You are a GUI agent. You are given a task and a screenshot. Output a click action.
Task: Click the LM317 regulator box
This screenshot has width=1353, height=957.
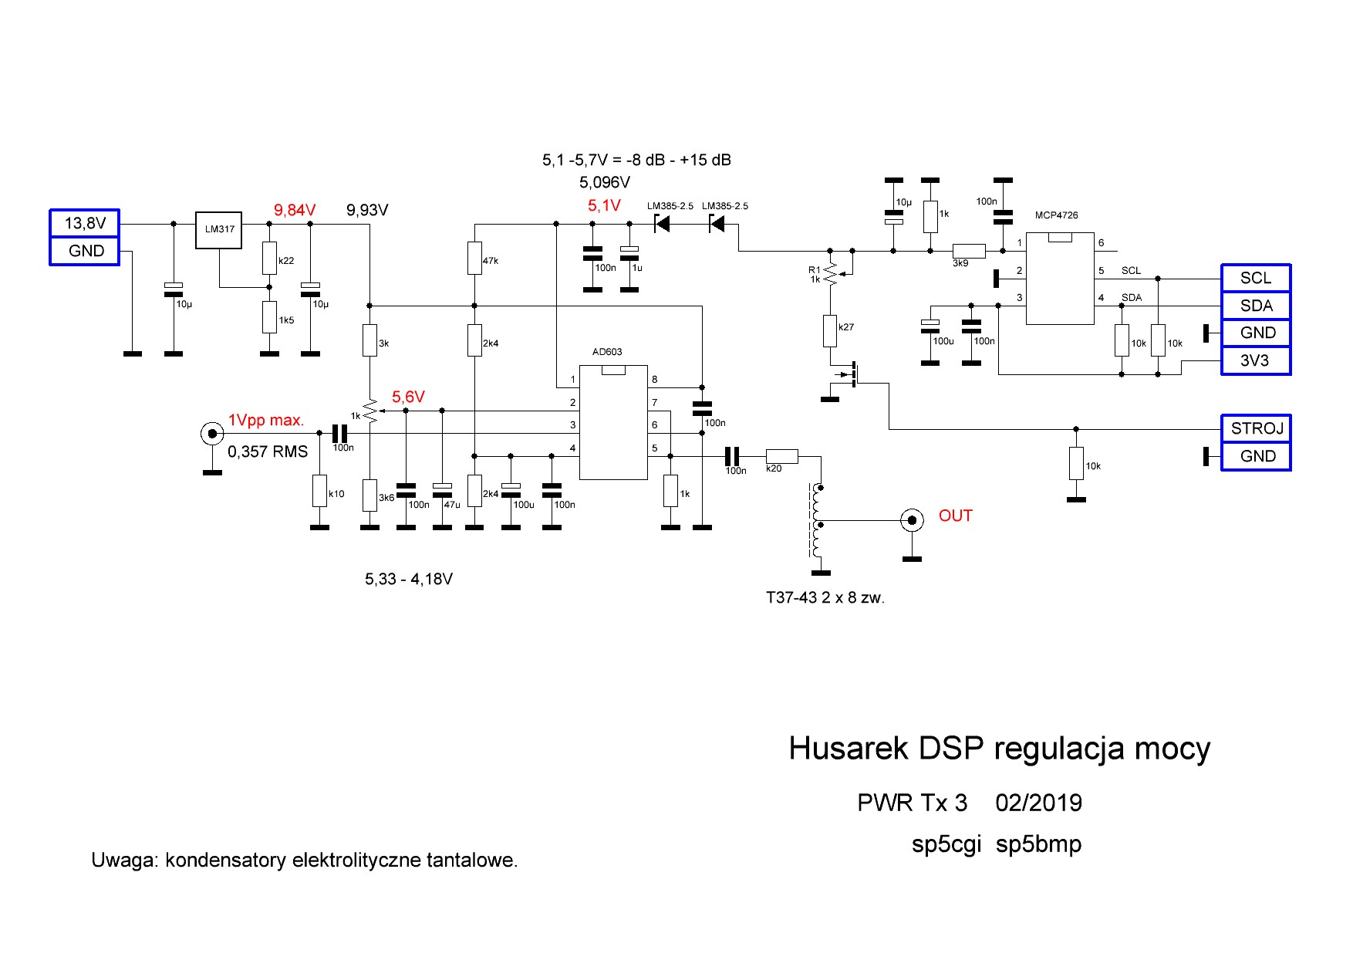pos(219,230)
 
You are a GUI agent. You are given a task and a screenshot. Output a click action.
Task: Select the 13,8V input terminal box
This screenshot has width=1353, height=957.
pos(85,223)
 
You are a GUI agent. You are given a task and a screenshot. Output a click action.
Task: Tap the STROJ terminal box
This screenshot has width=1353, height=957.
pos(1256,428)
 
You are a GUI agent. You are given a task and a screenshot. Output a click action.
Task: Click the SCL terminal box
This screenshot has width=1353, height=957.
pos(1256,278)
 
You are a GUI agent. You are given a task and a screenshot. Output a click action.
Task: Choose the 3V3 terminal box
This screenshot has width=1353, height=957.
pos(1256,360)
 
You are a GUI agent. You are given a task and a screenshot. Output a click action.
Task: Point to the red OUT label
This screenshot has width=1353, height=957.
pos(955,516)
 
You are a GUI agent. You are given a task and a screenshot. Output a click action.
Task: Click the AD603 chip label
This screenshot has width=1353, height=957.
pos(607,352)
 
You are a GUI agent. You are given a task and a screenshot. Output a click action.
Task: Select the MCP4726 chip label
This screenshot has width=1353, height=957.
pos(1056,215)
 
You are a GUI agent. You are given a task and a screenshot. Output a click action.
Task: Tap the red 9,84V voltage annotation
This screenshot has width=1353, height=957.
pos(295,210)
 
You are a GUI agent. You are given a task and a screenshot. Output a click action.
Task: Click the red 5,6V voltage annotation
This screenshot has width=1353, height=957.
pos(408,397)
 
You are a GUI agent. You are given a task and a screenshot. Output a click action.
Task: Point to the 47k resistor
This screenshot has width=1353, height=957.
pos(474,259)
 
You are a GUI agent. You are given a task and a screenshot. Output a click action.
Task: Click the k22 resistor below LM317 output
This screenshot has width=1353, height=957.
pos(269,259)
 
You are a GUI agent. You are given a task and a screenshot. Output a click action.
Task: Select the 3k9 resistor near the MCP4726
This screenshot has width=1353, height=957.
pos(968,250)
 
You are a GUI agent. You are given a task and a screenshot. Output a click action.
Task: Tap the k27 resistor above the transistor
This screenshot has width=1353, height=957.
pos(830,330)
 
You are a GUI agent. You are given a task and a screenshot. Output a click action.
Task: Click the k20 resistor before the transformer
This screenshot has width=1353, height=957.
pos(781,456)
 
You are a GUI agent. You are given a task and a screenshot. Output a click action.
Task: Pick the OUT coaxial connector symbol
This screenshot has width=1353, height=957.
pos(912,520)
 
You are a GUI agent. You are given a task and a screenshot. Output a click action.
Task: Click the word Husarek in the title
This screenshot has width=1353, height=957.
pos(848,749)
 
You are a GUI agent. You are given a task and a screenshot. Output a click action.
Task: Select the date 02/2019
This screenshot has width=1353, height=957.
pos(1038,803)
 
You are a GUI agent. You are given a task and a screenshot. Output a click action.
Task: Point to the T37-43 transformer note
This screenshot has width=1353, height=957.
pos(825,597)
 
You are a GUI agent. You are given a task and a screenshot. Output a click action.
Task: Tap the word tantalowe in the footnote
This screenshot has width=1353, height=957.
pos(472,860)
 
